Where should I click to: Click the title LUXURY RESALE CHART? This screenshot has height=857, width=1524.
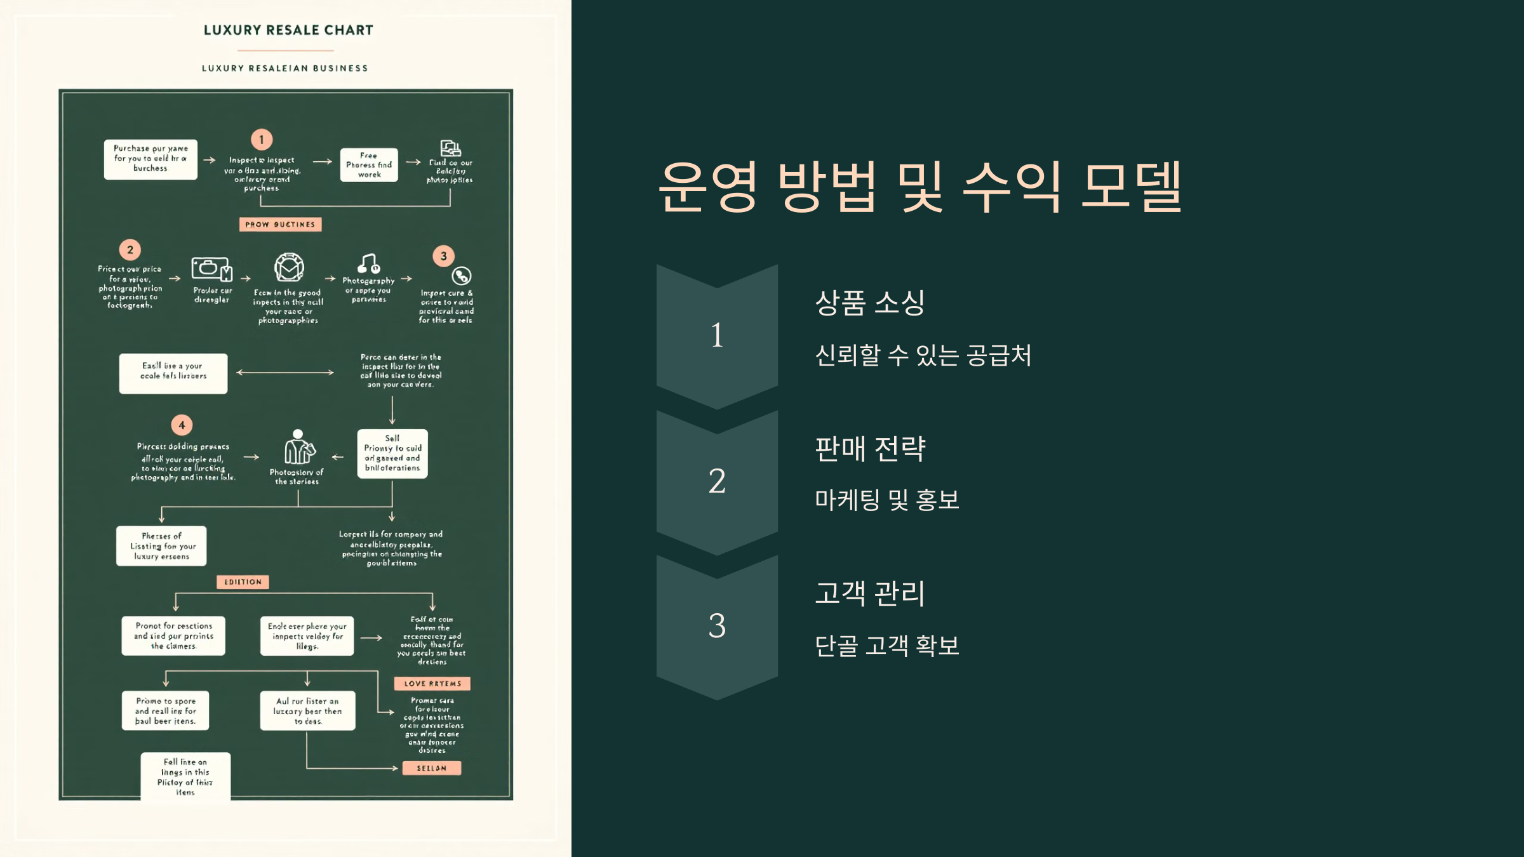point(288,30)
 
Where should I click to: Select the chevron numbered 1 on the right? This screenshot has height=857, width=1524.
point(717,335)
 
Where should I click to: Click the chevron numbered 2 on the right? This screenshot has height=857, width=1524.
point(717,481)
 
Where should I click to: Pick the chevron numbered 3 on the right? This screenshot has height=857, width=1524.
point(717,626)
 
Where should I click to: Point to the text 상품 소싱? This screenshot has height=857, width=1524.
point(869,303)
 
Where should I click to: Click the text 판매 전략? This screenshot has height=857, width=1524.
point(870,449)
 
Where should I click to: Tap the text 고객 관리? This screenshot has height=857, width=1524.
point(869,594)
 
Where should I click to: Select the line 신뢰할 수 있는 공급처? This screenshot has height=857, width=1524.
point(923,355)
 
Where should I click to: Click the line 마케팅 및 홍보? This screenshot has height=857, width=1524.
point(886,500)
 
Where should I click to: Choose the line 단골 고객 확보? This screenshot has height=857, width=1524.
point(886,646)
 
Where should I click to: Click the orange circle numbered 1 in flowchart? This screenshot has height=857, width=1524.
point(262,140)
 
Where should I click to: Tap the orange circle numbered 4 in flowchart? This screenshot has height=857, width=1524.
point(182,425)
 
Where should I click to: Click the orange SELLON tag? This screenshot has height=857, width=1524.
point(432,768)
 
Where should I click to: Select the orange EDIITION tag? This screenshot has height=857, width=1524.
point(243,582)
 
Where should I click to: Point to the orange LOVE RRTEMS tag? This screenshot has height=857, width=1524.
point(432,684)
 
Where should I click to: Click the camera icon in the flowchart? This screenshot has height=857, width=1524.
point(211,269)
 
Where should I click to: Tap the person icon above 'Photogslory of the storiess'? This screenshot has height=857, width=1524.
point(298,448)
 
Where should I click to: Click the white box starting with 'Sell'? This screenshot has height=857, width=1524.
point(392,453)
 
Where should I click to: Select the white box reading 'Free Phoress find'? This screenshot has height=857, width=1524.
point(369,165)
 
